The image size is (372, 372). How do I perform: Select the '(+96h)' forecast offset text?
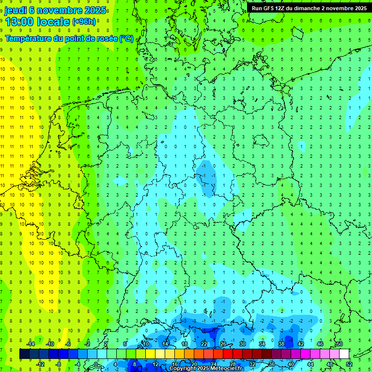click(x=84, y=22)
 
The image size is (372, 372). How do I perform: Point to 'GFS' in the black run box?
click(x=271, y=8)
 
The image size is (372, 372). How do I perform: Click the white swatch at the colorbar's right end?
click(x=344, y=354)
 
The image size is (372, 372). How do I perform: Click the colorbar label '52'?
click(x=349, y=364)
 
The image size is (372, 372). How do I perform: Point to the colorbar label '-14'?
click(x=30, y=344)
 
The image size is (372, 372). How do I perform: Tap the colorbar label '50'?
click(x=339, y=344)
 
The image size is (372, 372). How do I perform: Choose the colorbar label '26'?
click(x=223, y=344)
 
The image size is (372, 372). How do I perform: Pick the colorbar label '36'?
click(x=271, y=364)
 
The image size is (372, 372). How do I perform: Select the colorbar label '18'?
click(x=185, y=344)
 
